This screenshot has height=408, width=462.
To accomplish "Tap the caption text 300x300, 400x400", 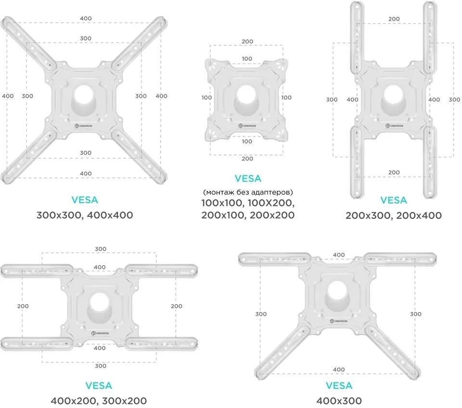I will tap(85, 215).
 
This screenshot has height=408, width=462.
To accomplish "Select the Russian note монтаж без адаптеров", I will tap(248, 191).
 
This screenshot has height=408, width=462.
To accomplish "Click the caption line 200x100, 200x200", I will tap(248, 215).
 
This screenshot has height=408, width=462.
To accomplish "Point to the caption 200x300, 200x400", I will tap(393, 215).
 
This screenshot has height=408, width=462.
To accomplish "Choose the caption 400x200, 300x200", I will tap(99, 400).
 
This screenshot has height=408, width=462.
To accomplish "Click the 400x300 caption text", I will tap(339, 400).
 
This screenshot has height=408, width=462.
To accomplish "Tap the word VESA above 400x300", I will tap(339, 385).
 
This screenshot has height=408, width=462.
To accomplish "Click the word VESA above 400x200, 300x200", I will tap(99, 385).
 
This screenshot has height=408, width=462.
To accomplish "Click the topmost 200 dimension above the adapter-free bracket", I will tap(247, 41).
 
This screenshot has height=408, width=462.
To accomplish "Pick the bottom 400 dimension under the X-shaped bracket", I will tap(85, 173).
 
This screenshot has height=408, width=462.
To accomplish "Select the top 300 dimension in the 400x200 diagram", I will tap(100, 249).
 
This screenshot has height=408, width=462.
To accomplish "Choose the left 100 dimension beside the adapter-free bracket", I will tap(206, 98).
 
